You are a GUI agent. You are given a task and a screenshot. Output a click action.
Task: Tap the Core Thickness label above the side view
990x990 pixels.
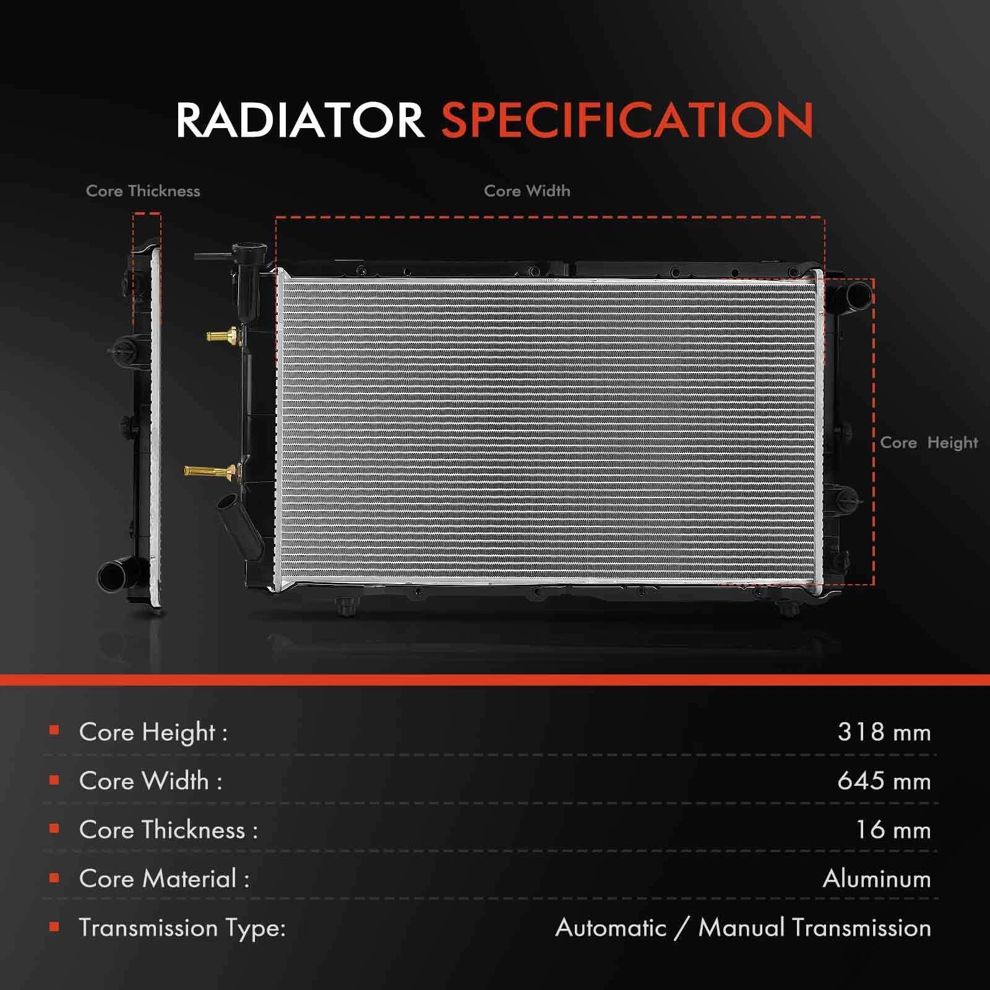[143, 191]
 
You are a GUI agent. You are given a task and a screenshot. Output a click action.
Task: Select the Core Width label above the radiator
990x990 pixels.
[527, 191]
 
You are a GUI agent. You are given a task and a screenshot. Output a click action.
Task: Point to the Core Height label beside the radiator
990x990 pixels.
[929, 443]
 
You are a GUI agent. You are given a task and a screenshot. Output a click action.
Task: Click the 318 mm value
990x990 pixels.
[884, 732]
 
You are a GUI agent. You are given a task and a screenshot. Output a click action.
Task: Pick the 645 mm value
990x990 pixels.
[884, 781]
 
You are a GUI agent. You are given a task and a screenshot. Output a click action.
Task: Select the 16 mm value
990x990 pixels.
[893, 830]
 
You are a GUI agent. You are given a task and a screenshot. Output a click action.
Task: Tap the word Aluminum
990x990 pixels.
[877, 879]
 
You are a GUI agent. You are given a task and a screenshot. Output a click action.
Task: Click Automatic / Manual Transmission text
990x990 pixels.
[743, 928]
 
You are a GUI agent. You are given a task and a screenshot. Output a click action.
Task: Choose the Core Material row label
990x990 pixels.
[164, 879]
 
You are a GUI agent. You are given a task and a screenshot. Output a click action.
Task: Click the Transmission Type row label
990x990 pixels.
[183, 928]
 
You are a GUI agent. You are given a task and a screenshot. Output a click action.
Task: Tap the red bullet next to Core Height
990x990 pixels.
[54, 731]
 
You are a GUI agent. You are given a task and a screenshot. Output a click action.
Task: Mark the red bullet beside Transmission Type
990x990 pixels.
[54, 926]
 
